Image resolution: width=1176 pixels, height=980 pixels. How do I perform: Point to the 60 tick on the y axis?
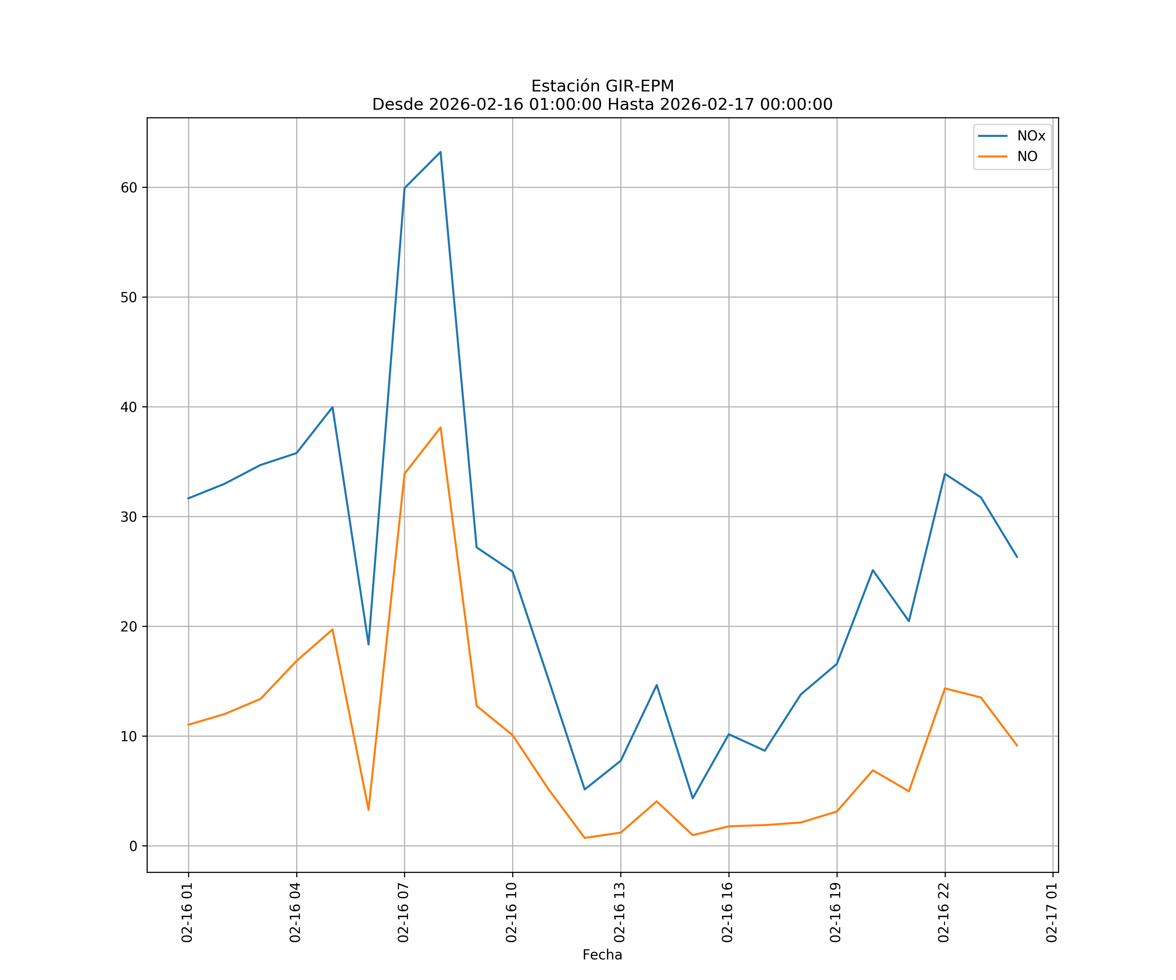pyautogui.click(x=129, y=188)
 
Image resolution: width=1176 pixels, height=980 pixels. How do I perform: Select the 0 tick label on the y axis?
pyautogui.click(x=133, y=846)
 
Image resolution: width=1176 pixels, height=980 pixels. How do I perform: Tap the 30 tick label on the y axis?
pyautogui.click(x=129, y=517)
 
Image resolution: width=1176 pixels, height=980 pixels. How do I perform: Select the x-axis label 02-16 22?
pyautogui.click(x=944, y=912)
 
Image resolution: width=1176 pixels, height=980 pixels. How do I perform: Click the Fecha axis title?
pyautogui.click(x=602, y=955)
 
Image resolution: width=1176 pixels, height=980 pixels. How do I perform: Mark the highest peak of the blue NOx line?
pyautogui.click(x=441, y=152)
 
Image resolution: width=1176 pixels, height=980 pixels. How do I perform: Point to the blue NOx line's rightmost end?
pyautogui.click(x=1017, y=557)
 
